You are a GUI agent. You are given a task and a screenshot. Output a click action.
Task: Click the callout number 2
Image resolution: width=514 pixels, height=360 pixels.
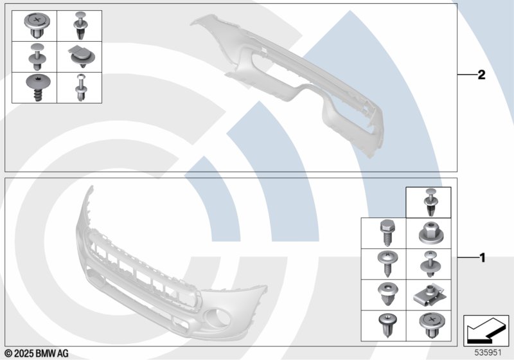click(481, 75)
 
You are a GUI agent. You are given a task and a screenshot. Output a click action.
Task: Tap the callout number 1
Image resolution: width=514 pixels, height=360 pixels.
click(482, 258)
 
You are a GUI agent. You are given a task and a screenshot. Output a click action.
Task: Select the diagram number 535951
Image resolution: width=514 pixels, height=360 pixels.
click(488, 352)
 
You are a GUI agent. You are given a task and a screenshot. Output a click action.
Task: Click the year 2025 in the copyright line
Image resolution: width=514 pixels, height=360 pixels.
click(24, 354)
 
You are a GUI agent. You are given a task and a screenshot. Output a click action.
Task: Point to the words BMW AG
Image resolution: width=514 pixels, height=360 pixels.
click(52, 354)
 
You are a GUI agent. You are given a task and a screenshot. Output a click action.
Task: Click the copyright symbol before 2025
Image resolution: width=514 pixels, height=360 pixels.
click(9, 354)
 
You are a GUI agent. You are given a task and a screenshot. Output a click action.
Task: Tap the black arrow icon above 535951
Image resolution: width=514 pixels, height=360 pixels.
click(486, 330)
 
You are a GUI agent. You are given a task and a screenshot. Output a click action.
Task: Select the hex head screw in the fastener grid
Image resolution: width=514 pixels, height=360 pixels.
click(387, 233)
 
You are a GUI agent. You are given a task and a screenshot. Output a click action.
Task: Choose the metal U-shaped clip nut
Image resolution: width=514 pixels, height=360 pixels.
click(429, 295)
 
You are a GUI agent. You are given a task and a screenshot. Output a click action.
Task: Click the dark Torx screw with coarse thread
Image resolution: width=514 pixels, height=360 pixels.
click(38, 87)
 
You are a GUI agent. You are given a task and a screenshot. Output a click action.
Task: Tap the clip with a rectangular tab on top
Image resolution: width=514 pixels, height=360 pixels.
click(82, 57)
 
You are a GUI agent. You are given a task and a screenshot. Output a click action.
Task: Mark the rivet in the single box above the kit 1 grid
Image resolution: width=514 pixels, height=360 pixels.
click(429, 202)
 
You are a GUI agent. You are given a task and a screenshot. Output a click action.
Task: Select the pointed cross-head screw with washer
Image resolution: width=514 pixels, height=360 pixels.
click(387, 264)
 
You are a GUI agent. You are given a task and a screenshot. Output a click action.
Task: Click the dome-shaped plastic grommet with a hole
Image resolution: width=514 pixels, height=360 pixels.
click(388, 294)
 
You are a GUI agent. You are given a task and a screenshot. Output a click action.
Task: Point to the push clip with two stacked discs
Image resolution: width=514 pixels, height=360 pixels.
click(37, 57)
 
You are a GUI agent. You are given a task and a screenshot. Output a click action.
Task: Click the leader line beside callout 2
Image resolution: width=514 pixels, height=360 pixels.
click(467, 75)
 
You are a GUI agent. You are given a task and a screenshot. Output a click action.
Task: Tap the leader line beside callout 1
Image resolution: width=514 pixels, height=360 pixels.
click(468, 258)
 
